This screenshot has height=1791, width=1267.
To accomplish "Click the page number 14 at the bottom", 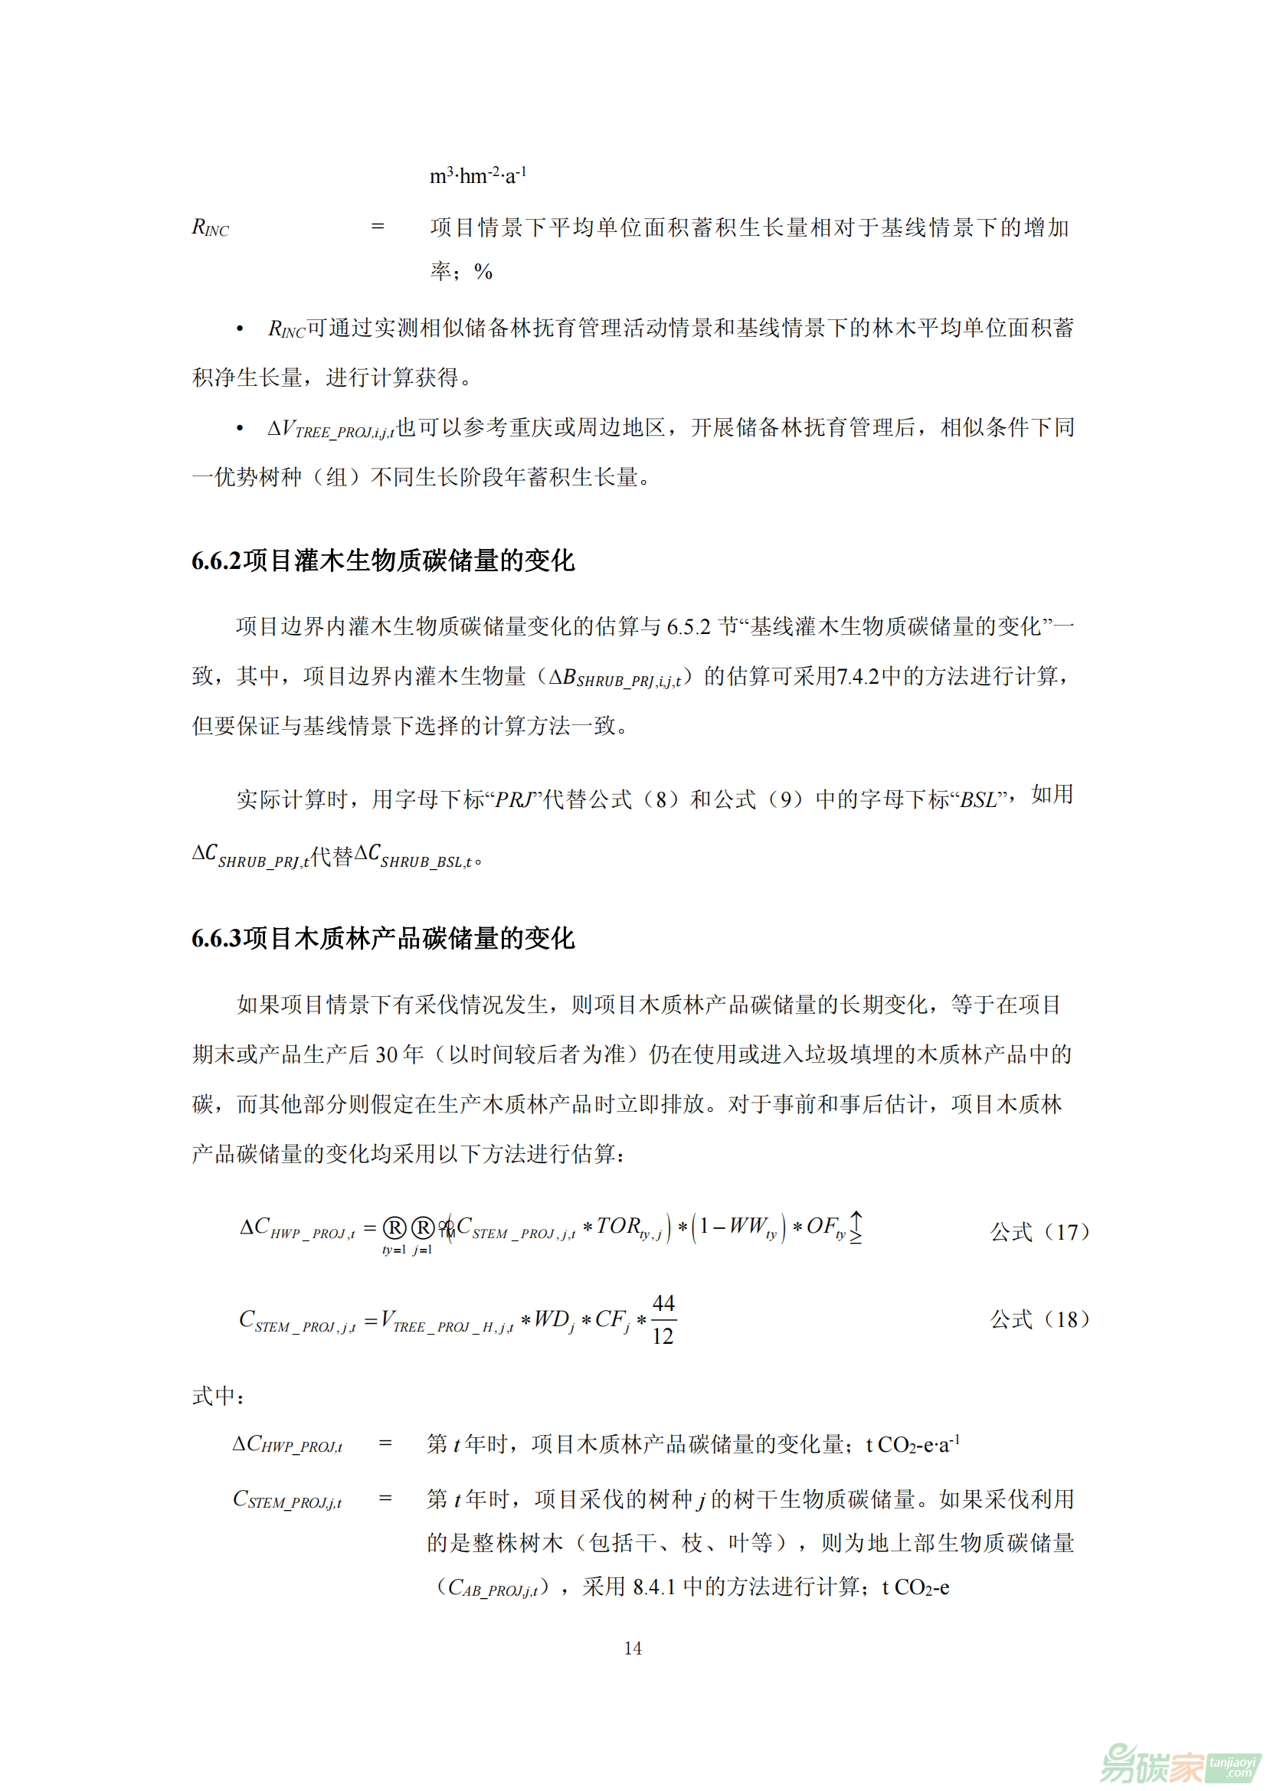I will click(633, 1648).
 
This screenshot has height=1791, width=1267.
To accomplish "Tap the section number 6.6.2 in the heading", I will click(216, 561).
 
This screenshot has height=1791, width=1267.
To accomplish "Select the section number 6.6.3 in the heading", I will click(216, 938).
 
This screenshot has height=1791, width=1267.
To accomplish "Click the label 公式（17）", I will click(1039, 1232).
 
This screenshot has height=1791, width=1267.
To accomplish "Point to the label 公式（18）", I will click(1039, 1319).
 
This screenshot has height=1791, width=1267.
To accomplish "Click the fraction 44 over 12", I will click(663, 1320).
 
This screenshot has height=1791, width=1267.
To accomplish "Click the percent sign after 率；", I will click(483, 272).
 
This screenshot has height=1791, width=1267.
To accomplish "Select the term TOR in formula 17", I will click(619, 1226).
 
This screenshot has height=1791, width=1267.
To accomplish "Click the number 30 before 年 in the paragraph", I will click(387, 1054).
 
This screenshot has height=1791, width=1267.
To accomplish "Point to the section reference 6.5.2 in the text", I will click(688, 626).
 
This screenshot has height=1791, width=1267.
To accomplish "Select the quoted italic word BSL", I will click(978, 800).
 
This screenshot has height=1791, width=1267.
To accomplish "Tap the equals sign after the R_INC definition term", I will click(378, 227).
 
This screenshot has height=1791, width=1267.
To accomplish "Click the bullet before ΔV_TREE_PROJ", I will click(241, 428).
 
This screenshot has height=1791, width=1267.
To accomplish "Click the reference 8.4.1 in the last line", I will click(653, 1587).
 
